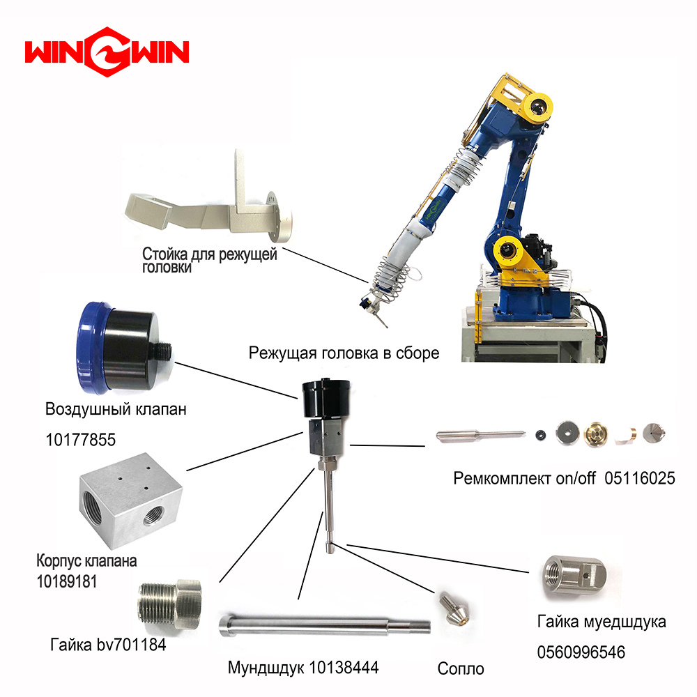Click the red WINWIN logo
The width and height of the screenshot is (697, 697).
pos(107,52)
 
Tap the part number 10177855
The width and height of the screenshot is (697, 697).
pos(80,440)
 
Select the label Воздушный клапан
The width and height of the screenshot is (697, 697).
pos(116,409)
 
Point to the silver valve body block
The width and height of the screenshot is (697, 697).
pos(131,500)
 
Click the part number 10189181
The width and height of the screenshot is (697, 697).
pos(67,581)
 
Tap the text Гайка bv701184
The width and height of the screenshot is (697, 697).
pos(108,645)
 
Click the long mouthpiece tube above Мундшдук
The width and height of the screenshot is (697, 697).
pos(325,625)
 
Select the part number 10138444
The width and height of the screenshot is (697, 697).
pos(344,668)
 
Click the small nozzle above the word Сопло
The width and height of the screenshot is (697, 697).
pos(454,607)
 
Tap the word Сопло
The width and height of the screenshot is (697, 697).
pos(461,668)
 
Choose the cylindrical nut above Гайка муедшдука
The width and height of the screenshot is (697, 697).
pos(574,577)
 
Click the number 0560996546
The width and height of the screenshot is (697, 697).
pos(581,652)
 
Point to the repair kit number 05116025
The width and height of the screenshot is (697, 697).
pos(640,478)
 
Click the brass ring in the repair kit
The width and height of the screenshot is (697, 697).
pos(596,434)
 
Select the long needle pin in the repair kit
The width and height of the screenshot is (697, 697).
pos(480,435)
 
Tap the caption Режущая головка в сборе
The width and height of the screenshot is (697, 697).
pos(344,353)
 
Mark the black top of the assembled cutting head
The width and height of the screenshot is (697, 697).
pos(326,398)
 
